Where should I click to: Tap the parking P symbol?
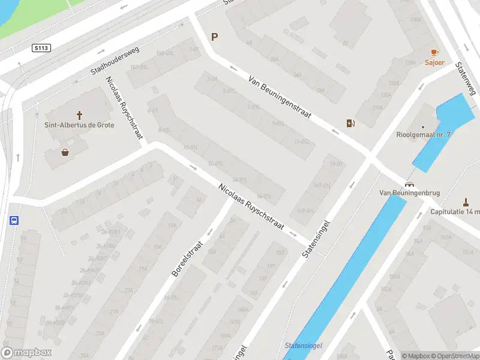click(x=214, y=37)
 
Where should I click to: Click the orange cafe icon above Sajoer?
click(x=434, y=52)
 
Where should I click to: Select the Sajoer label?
click(x=434, y=62)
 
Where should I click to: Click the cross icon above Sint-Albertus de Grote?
click(x=79, y=115)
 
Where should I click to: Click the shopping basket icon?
click(x=65, y=152)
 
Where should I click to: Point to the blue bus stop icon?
click(x=14, y=220)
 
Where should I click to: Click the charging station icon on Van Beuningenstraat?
click(x=350, y=124)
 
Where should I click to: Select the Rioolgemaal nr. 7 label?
click(x=423, y=135)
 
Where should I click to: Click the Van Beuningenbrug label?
click(x=410, y=193)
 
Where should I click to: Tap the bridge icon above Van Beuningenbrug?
click(x=410, y=184)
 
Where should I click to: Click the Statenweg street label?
click(x=466, y=79)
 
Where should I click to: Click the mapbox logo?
click(x=26, y=353)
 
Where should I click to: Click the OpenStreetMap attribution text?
click(x=454, y=356)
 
